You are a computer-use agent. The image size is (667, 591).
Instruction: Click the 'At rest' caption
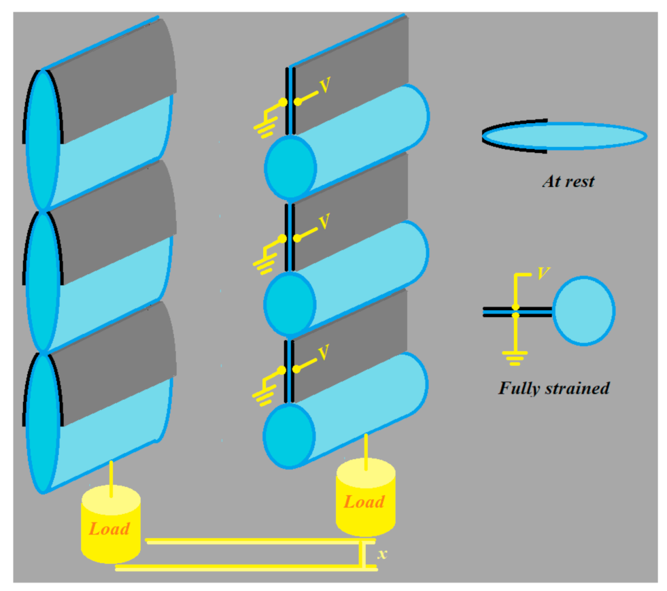[568, 182]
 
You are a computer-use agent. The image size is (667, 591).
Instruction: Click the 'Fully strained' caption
[553, 388]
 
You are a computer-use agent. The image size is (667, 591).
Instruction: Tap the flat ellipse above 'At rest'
[564, 136]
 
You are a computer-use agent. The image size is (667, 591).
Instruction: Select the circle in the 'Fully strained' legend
[583, 310]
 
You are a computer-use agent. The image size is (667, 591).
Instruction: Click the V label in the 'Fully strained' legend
[543, 273]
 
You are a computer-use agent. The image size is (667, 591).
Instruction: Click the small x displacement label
[382, 554]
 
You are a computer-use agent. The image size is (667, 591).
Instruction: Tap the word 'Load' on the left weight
[109, 528]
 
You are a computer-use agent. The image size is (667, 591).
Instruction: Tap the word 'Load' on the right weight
[364, 502]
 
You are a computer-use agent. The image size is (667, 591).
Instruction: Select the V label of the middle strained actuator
[325, 221]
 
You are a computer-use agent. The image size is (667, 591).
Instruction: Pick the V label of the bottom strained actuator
[325, 352]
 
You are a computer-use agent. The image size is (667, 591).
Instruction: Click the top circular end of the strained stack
[290, 165]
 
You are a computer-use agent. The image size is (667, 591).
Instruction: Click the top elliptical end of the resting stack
[42, 139]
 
